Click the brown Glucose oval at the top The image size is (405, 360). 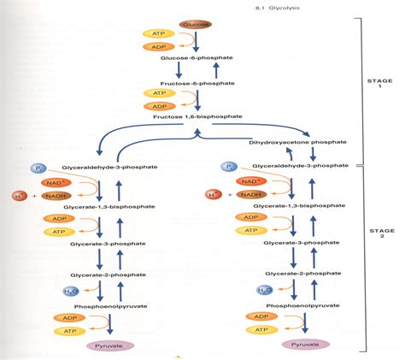coord(196,26)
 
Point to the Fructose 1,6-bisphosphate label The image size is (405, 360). coord(199,115)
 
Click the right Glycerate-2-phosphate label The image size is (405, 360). coord(302,278)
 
